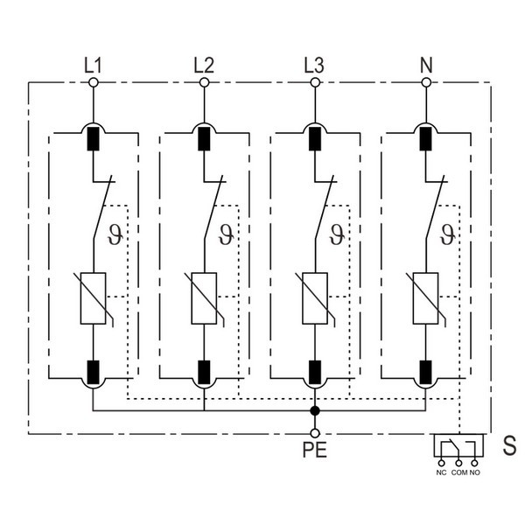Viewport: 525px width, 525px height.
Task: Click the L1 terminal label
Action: (92, 64)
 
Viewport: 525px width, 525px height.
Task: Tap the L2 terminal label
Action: (204, 64)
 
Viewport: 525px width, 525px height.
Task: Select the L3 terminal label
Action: (315, 64)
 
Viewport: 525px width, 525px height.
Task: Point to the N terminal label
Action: (426, 64)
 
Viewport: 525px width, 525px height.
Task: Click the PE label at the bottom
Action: (315, 453)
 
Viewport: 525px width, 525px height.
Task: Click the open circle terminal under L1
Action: (92, 83)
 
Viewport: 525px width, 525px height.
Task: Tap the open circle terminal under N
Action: (426, 83)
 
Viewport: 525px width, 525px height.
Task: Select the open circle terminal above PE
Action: (315, 432)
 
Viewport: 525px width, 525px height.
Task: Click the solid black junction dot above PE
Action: (315, 410)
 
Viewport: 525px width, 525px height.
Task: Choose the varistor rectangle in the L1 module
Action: (92, 298)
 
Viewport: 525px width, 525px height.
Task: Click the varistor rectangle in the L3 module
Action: (315, 298)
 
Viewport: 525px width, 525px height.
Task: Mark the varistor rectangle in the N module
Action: (426, 298)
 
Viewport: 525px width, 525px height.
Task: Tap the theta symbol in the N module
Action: (447, 234)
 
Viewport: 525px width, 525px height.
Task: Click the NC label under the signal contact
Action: (441, 472)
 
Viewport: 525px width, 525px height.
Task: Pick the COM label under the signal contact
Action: (458, 472)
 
